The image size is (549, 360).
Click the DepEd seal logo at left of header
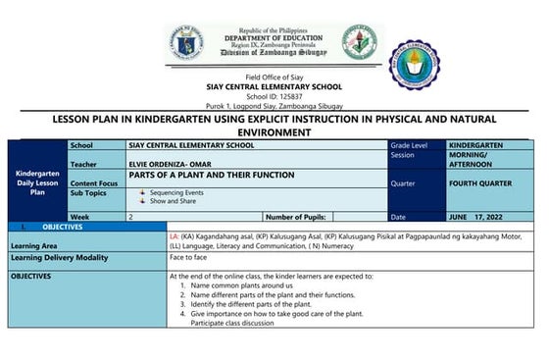186,44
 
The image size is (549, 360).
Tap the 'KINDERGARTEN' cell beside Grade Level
475,145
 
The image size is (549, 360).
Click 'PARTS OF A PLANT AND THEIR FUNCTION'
211,175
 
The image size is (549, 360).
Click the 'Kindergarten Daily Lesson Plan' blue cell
37,182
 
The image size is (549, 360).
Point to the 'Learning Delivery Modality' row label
59,257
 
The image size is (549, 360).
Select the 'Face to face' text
189,257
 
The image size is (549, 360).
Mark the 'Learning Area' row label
34,245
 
